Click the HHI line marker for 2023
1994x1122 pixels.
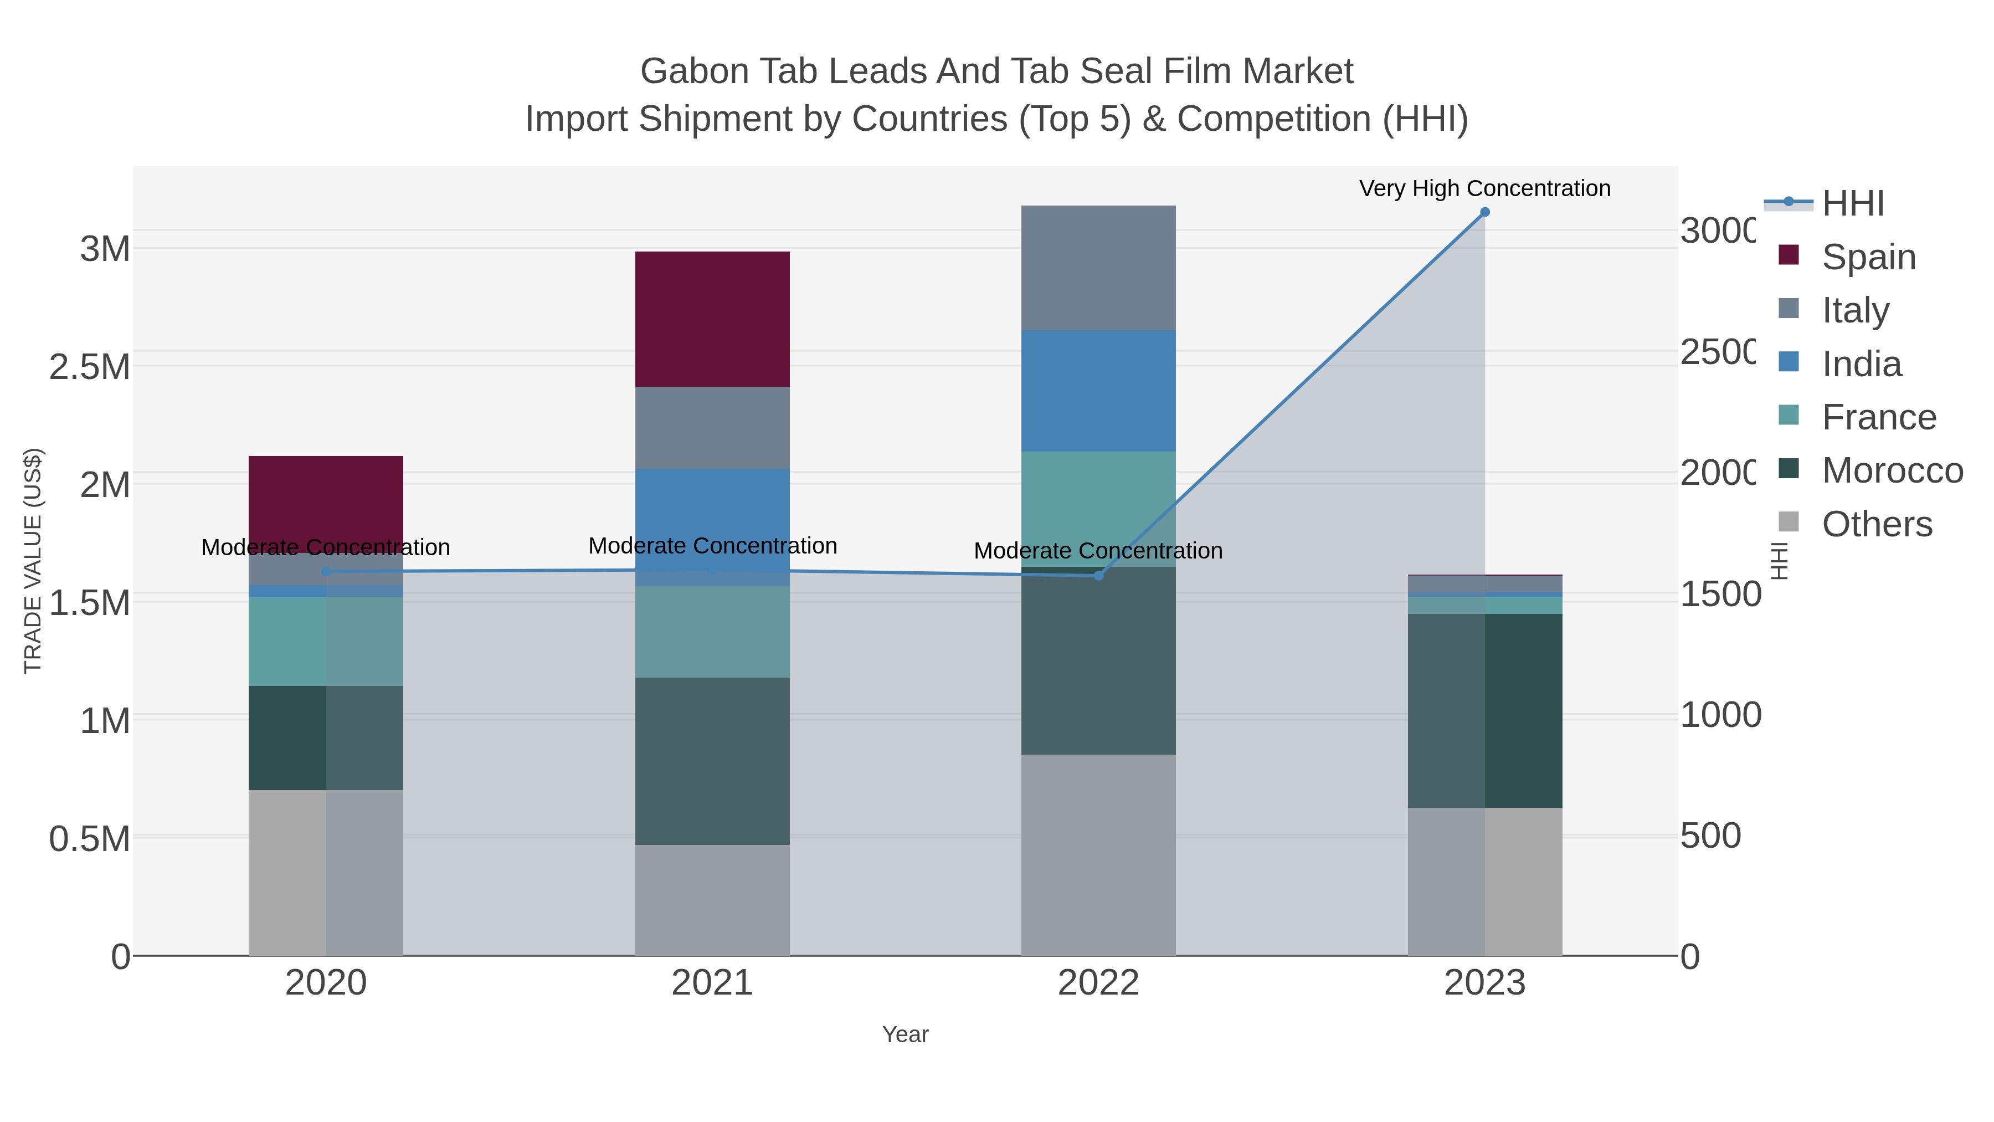(1484, 212)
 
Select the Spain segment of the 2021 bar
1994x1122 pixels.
(712, 319)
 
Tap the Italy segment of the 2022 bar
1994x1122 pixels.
(1098, 268)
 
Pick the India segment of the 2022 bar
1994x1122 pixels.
(1098, 391)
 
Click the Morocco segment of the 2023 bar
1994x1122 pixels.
(1484, 711)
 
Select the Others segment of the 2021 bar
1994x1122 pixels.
(712, 900)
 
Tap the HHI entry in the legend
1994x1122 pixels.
(1852, 204)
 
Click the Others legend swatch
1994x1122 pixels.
(1789, 522)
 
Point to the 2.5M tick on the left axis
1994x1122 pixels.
(90, 367)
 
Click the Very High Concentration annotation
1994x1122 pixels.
(1484, 188)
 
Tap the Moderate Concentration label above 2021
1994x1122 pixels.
(712, 546)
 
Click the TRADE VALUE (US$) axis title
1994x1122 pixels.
(33, 561)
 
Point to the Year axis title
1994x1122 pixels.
(905, 1034)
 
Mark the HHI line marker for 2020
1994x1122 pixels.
(326, 571)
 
